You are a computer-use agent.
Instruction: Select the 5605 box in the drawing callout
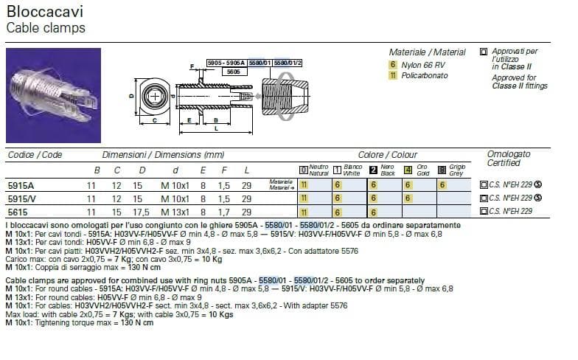click(x=232, y=72)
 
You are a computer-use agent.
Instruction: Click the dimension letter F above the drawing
click(x=192, y=66)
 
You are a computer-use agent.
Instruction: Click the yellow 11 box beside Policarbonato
click(x=393, y=75)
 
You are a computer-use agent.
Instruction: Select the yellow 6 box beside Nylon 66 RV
click(x=393, y=64)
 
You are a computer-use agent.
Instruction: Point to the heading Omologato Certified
click(x=509, y=159)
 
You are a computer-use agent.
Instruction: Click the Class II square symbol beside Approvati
click(x=483, y=52)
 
